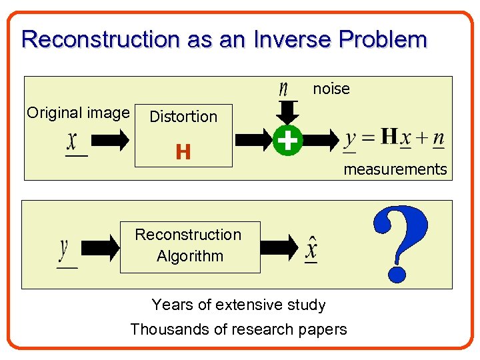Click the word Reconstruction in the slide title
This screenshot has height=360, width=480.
(x=99, y=39)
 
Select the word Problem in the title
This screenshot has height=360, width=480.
(x=383, y=39)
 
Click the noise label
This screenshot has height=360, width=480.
(x=331, y=89)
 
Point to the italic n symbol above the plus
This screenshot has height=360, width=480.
(x=284, y=89)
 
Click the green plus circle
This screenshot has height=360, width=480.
(x=287, y=141)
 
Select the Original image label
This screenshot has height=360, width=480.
(x=78, y=113)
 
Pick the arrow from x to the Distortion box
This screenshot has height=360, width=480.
(x=110, y=141)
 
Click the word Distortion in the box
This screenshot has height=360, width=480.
(x=183, y=117)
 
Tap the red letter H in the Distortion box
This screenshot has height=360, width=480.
(x=183, y=153)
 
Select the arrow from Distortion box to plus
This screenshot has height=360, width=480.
(x=254, y=141)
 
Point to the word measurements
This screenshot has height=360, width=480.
(x=395, y=169)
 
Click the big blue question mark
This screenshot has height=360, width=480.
(x=399, y=243)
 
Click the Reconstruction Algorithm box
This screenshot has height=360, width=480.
(x=189, y=246)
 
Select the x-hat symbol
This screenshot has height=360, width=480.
(x=311, y=249)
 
